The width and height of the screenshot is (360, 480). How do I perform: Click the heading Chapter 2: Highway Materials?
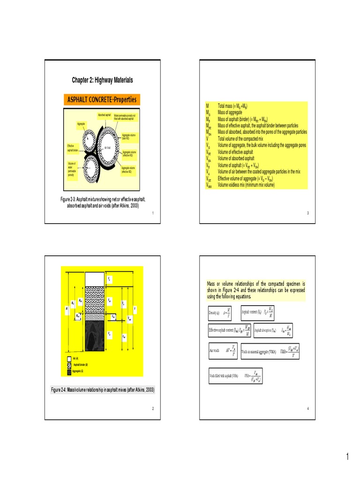[x=102, y=80]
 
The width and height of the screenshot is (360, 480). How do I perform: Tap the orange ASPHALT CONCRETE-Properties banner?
[x=102, y=100]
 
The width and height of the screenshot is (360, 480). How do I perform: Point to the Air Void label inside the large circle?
[x=108, y=148]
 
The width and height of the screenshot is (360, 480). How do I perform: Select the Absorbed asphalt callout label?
[x=104, y=115]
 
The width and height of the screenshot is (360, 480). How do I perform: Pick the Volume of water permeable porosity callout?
[x=71, y=168]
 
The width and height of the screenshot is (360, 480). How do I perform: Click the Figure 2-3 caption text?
[x=102, y=202]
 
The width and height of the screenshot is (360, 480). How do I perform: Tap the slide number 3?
[x=307, y=213]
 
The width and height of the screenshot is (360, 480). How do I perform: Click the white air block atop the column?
[x=94, y=278]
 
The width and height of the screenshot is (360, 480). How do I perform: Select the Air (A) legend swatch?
[x=69, y=359]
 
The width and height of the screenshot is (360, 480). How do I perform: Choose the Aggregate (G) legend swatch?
[x=69, y=372]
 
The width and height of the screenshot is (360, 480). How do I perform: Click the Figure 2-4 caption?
[x=102, y=390]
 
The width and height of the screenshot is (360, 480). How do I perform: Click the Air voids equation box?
[x=222, y=351]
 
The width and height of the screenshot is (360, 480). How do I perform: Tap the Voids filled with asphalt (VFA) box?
[x=235, y=376]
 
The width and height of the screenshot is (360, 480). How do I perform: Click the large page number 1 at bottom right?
[x=347, y=457]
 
